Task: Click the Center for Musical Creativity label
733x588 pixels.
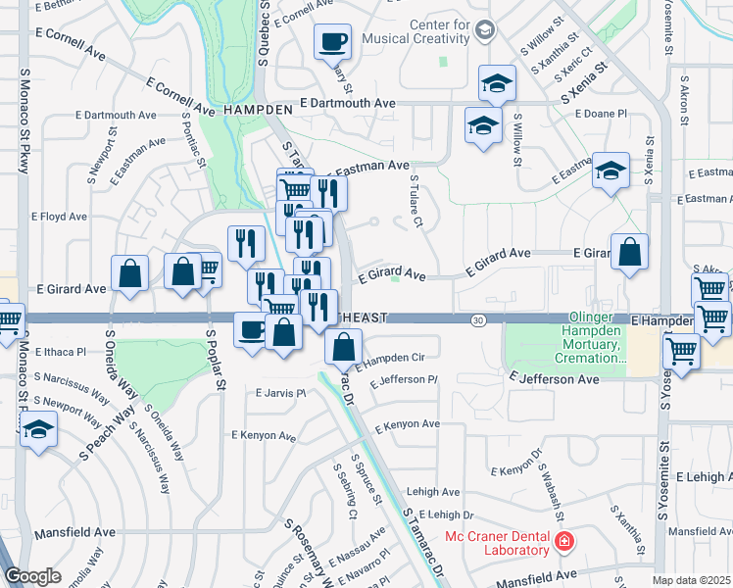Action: click(411, 31)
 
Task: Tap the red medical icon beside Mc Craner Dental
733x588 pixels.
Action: click(563, 541)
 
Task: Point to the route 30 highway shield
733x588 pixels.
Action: click(477, 319)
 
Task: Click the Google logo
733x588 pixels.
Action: click(32, 576)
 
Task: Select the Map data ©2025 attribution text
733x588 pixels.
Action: click(692, 580)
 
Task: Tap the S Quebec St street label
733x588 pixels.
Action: click(264, 34)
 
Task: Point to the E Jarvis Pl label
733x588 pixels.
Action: click(280, 393)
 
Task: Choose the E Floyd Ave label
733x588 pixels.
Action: click(60, 217)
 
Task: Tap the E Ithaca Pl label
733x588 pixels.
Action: click(60, 351)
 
